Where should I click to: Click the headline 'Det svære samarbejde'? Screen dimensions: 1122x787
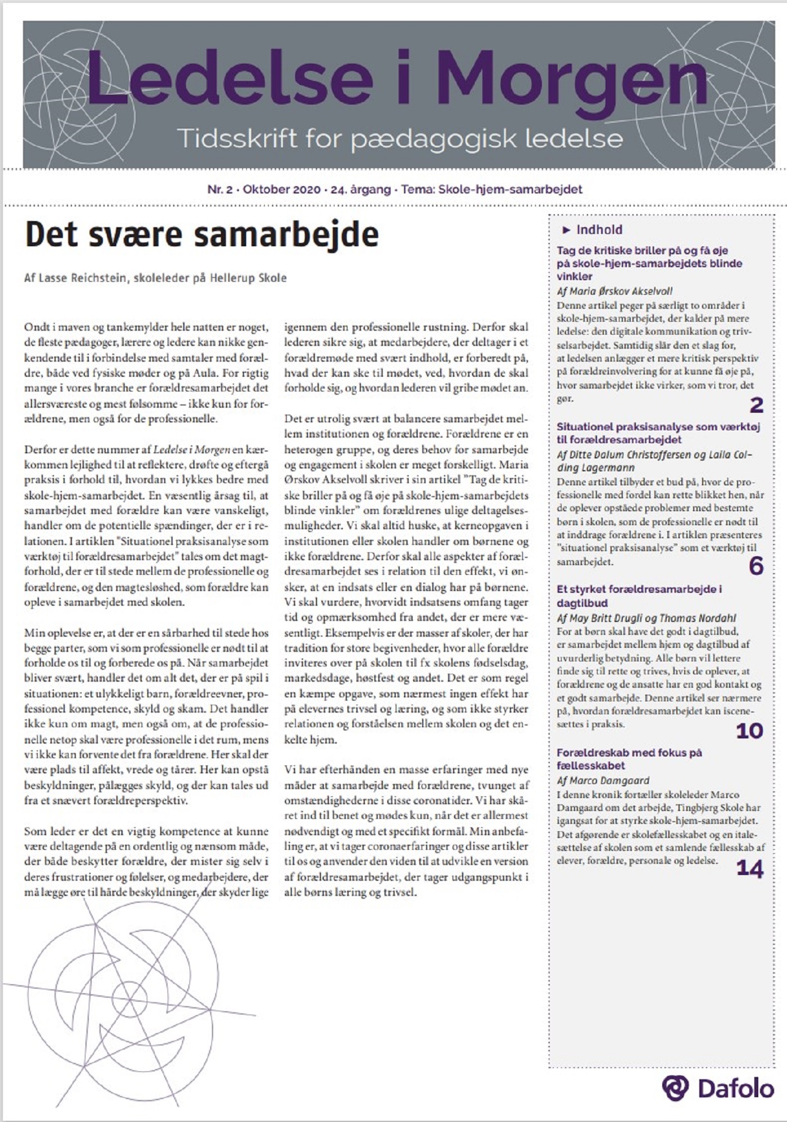202,235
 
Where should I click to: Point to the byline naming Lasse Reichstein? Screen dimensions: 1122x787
155,278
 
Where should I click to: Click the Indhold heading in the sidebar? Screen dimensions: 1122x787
599,229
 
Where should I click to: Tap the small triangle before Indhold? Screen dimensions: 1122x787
566,229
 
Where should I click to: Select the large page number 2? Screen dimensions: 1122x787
756,405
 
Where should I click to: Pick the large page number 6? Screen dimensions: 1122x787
756,566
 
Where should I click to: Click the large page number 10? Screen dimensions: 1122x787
749,731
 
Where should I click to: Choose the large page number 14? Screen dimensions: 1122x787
749,869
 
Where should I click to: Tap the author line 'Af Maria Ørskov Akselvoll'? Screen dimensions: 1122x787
614,291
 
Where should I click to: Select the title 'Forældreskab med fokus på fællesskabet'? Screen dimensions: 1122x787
629,759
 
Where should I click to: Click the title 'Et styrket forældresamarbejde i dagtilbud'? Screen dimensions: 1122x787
639,596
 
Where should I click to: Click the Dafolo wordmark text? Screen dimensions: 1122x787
736,1089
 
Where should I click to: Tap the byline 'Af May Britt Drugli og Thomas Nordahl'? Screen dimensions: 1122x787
646,618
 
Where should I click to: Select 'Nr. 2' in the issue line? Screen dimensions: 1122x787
220,190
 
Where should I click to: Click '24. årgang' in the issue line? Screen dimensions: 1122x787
360,190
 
